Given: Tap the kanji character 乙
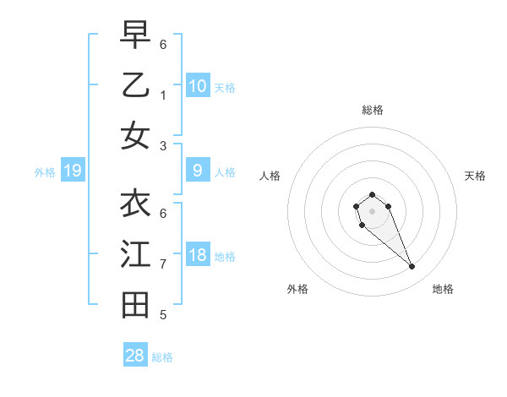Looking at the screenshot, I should point(135,84).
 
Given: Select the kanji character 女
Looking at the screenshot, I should point(135,135).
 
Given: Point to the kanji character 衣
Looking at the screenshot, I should point(135,203).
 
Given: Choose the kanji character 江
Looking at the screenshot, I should point(135,254).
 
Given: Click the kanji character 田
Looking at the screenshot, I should point(135,305).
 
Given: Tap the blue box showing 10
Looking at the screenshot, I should point(198,86).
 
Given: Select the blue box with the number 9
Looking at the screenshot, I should point(198,171).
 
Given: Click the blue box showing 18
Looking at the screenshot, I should point(198,256).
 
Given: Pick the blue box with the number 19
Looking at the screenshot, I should point(72,171).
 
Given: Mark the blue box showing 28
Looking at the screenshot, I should point(135,356).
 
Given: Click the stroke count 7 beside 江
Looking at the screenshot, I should point(163,264).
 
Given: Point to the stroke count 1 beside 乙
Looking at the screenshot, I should point(163,95).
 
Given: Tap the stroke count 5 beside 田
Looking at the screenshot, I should point(163,315).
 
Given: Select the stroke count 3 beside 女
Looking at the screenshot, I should point(163,145).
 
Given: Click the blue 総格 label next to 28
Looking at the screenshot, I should point(162,357).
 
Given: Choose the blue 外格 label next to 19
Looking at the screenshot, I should point(45,172).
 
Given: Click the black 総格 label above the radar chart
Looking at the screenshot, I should point(373,110).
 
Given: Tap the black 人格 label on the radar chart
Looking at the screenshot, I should point(270,176).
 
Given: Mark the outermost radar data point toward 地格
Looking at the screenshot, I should point(412,267).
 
